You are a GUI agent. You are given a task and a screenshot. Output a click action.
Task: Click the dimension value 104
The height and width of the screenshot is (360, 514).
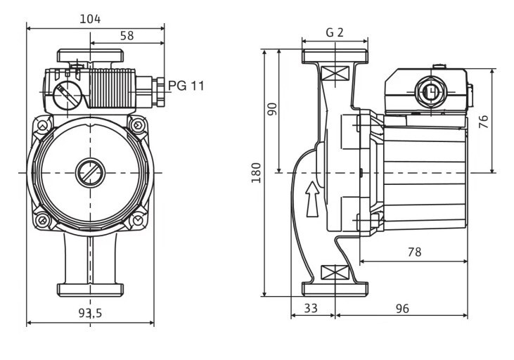(x=90, y=19)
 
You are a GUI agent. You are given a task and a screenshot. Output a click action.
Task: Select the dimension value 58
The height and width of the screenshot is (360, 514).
(x=127, y=35)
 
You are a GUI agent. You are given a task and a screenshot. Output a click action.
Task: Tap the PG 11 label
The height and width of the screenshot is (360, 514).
(x=186, y=86)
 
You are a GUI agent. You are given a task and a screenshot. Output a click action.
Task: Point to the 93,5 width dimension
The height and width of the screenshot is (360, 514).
(x=90, y=314)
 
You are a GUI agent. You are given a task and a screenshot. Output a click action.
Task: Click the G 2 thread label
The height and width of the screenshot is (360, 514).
(x=335, y=33)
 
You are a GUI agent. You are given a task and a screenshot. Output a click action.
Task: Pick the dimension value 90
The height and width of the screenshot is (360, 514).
(x=272, y=109)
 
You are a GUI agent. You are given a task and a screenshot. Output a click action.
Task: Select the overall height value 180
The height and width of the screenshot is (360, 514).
(x=256, y=172)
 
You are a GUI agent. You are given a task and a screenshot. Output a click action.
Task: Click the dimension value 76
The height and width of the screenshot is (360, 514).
(x=483, y=121)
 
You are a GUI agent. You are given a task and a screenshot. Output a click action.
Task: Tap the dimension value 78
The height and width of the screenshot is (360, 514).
(x=414, y=251)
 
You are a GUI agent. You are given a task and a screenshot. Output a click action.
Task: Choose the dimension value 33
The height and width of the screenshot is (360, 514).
(x=311, y=308)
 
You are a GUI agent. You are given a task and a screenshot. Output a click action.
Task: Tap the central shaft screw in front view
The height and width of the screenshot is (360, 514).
(x=90, y=172)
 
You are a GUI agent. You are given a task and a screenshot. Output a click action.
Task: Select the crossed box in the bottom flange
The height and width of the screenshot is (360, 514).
(x=335, y=272)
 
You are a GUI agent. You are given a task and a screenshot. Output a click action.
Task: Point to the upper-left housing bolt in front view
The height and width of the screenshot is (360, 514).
(x=44, y=127)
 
